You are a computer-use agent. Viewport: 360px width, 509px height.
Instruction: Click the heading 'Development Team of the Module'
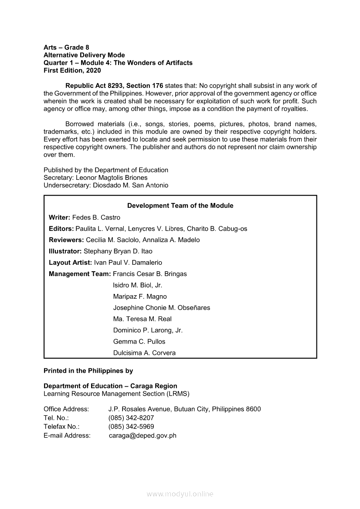tap(180, 206)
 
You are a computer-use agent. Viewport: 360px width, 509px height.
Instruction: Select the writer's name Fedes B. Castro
tap(96, 217)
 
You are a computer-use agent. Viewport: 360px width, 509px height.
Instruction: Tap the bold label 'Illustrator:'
tap(65, 251)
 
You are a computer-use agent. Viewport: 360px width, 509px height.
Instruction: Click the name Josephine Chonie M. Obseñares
tap(161, 307)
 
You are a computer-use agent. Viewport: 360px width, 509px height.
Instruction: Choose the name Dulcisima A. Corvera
tap(144, 353)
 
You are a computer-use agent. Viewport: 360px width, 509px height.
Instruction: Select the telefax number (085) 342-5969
tap(131, 426)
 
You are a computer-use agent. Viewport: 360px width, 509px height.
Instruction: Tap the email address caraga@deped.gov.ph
tap(143, 435)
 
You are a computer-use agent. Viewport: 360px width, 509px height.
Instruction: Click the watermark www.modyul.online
tap(180, 494)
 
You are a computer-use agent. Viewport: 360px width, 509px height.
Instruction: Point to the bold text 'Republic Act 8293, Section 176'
tap(114, 86)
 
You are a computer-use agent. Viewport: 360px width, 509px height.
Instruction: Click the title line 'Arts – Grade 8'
tap(66, 47)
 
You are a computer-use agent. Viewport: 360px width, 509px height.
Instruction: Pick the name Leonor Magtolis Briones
tap(112, 178)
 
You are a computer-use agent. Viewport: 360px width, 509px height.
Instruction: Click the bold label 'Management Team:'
tap(80, 274)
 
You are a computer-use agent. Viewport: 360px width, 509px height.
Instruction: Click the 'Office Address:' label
tap(66, 409)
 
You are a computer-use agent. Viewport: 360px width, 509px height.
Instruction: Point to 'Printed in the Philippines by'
tap(88, 371)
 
